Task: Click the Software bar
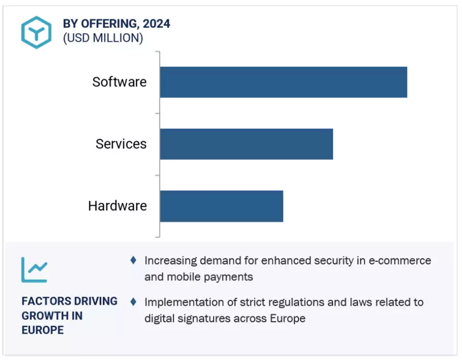283,82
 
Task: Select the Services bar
246,144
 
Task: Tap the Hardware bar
221,206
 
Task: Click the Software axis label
119,82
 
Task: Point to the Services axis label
121,144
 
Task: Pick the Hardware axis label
117,206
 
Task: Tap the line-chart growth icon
34,269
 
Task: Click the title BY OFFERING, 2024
116,24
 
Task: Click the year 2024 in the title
157,24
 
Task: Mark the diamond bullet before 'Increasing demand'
133,260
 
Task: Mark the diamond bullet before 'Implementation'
133,301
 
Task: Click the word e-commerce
400,260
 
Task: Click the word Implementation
183,302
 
